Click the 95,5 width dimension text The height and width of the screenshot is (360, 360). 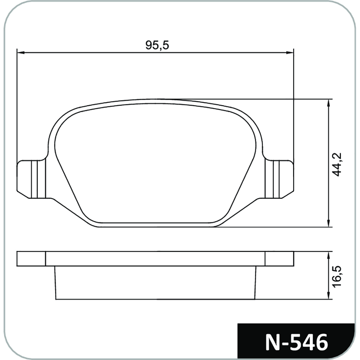tap(157, 45)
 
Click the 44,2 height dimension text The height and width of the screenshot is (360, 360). tap(337, 164)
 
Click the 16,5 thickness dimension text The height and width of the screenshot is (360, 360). tap(337, 276)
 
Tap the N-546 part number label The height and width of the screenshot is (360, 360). tap(297, 343)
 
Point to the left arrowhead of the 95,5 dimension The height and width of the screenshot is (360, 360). tap(21, 53)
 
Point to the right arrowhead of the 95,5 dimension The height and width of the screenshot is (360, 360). tap(290, 53)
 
